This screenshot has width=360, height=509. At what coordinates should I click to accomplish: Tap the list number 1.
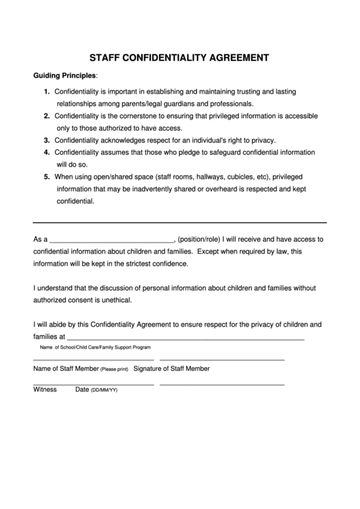pos(46,91)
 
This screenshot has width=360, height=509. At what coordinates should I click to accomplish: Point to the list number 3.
pos(46,140)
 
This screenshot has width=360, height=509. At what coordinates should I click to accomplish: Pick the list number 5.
pos(46,177)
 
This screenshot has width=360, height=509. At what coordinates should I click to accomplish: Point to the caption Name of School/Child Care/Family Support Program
pos(95,347)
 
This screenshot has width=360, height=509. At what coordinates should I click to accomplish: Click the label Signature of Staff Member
pos(172,369)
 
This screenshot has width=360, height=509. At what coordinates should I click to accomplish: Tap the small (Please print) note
pos(114,370)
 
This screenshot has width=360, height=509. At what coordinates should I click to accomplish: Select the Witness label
pos(45,390)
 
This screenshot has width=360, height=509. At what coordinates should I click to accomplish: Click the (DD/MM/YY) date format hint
pos(105,391)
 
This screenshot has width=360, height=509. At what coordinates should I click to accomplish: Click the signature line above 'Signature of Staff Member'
pos(221,359)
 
